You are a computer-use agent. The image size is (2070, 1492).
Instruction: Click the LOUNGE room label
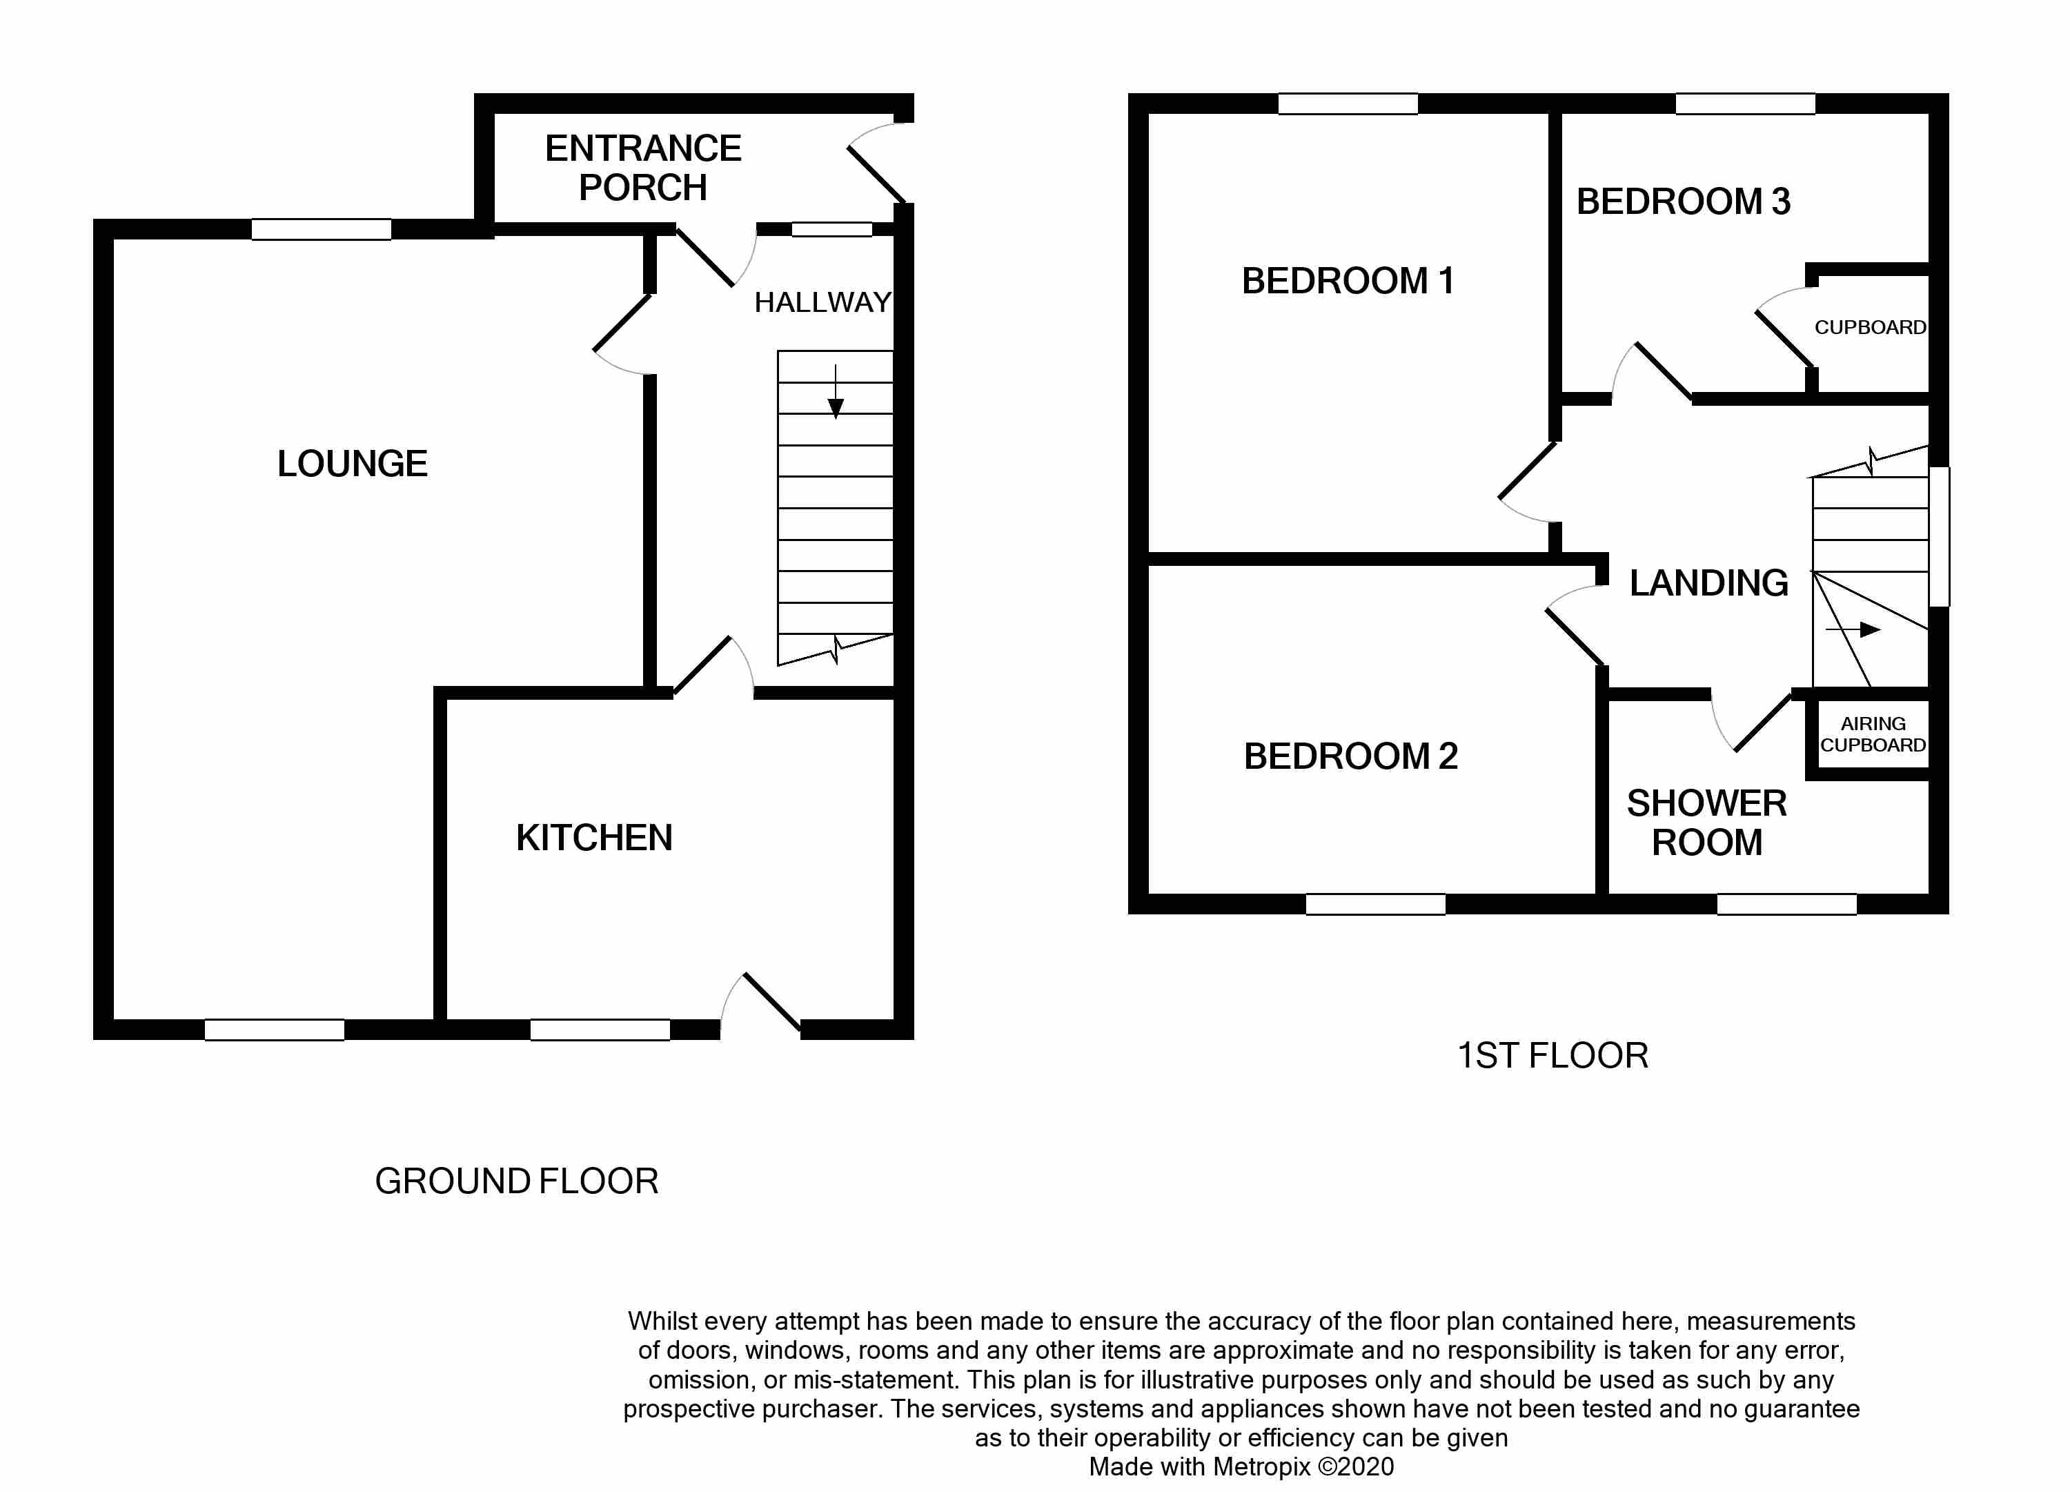pyautogui.click(x=353, y=464)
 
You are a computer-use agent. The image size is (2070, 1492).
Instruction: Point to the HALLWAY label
pyautogui.click(x=822, y=302)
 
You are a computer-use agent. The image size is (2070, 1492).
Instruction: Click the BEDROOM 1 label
pyautogui.click(x=1347, y=282)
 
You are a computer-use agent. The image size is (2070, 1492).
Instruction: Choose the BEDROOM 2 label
pyautogui.click(x=1350, y=756)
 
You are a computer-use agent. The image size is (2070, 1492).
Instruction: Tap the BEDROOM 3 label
pyautogui.click(x=1683, y=202)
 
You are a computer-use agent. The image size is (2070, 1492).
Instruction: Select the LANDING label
pyautogui.click(x=1708, y=582)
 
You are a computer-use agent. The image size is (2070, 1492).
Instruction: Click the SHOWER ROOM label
pyautogui.click(x=1706, y=823)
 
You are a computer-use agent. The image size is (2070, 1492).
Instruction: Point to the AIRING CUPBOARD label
pyautogui.click(x=1873, y=734)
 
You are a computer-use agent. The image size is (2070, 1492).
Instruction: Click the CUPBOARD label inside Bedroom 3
pyautogui.click(x=1869, y=327)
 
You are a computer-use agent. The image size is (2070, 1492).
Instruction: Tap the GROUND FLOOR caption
pyautogui.click(x=517, y=1181)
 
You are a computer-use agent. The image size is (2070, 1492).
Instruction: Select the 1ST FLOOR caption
pyautogui.click(x=1552, y=1056)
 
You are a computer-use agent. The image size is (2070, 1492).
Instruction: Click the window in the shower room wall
pyautogui.click(x=1786, y=904)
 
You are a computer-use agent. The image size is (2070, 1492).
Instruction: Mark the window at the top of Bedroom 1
pyautogui.click(x=1347, y=104)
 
